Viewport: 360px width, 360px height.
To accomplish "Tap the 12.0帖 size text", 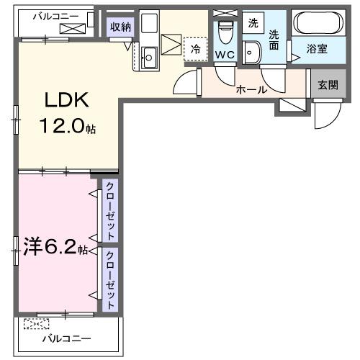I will (x=67, y=127).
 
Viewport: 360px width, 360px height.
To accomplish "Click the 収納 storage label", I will (x=120, y=26).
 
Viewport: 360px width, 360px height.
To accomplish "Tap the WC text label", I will (x=225, y=55).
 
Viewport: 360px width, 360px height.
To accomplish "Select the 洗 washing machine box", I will (x=252, y=22).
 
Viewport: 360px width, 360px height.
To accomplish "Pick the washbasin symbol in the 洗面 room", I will (x=252, y=52).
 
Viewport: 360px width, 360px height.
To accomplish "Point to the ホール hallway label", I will (x=251, y=90).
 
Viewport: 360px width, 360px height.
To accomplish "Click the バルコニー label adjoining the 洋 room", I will (x=66, y=338).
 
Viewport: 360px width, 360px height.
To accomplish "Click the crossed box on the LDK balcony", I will (x=73, y=29).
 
